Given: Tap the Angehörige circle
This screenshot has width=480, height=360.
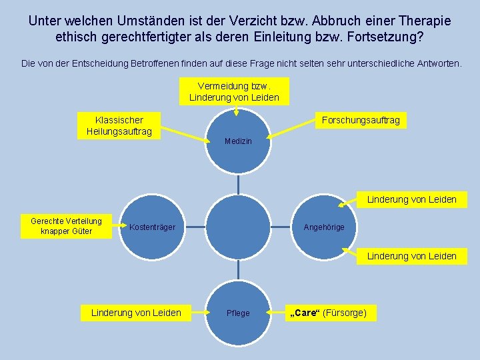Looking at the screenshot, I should (324, 227).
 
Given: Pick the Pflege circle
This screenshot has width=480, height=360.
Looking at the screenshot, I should (239, 313).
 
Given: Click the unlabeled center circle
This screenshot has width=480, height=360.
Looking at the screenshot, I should (238, 227).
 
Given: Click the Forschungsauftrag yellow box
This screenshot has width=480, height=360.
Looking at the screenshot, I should (361, 120).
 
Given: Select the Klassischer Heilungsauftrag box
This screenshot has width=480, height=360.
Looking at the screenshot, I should (119, 125).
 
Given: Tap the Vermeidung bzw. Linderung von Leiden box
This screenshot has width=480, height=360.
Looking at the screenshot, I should (235, 92).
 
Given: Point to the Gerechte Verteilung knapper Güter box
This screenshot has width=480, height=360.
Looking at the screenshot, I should (67, 226).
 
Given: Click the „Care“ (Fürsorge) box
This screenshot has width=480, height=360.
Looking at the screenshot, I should (330, 313).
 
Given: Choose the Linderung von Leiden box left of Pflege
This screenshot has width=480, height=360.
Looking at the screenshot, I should (136, 313).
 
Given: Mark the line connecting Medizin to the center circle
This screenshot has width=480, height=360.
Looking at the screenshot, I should (239, 183).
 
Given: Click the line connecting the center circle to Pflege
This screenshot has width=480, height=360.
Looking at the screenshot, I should (239, 269).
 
